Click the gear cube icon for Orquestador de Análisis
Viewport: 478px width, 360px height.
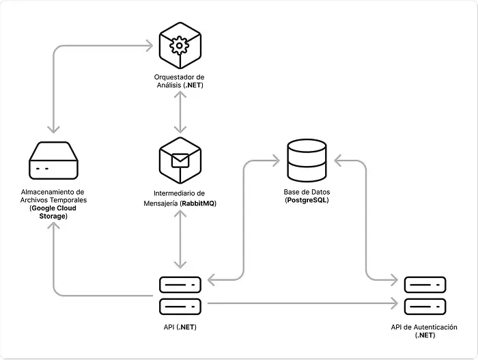point(179,46)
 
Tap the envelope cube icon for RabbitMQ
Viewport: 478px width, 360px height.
point(179,159)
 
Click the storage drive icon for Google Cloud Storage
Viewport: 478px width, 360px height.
point(53,161)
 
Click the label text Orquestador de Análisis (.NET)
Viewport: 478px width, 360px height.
point(179,81)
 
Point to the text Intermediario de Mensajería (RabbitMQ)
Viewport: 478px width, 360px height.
point(179,198)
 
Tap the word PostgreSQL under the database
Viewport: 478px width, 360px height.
point(307,201)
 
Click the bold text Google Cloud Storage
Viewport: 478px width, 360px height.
point(53,212)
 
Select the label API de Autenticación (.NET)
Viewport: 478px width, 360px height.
point(424,331)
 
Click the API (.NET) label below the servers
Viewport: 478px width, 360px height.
point(180,328)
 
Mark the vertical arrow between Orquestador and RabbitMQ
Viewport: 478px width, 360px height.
point(179,113)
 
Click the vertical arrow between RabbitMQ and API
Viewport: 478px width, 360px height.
point(179,240)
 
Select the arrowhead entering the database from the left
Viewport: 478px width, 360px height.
point(276,161)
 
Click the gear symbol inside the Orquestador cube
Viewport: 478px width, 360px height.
point(179,46)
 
